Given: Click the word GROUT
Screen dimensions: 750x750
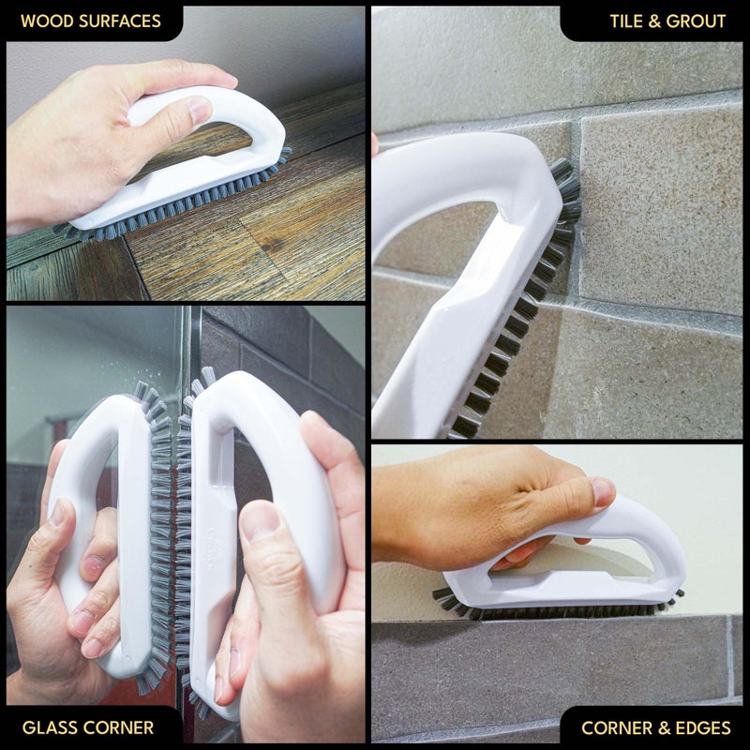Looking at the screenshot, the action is point(696,21).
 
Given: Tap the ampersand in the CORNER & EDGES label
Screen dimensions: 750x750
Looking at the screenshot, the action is point(664,727).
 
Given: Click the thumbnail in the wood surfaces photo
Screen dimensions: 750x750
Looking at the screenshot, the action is point(200,110).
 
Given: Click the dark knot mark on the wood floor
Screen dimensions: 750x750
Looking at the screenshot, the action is point(273,245).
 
